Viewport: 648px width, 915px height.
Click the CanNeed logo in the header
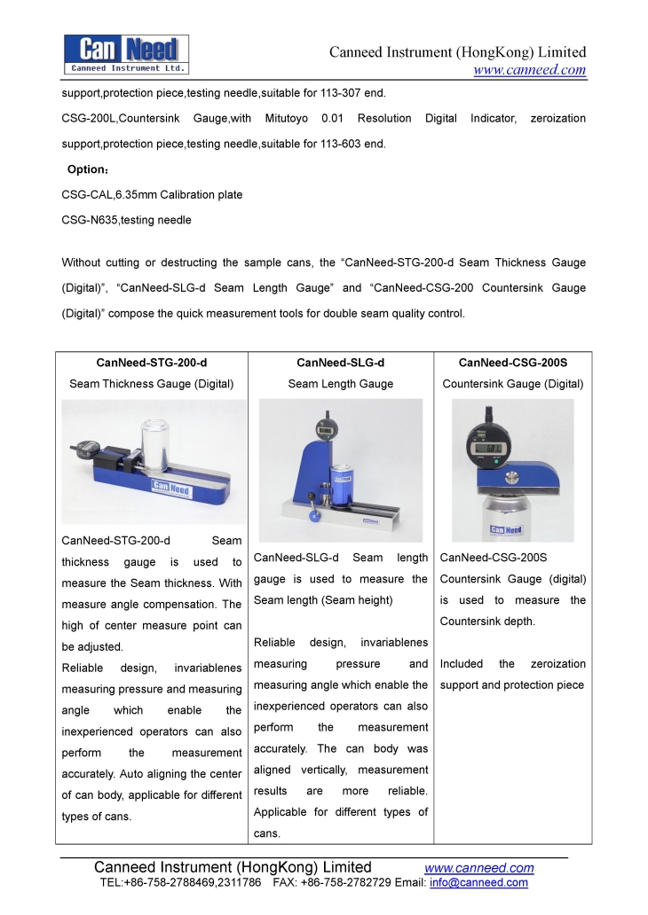point(126,53)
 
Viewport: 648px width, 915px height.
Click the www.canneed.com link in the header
point(529,70)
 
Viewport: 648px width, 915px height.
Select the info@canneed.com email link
point(478,882)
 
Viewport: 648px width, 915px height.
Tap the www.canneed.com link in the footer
point(479,867)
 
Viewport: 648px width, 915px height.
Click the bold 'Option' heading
point(87,169)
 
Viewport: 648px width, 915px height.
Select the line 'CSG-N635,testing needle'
point(126,219)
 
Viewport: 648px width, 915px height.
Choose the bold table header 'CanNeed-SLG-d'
point(340,363)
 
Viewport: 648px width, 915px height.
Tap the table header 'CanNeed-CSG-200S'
point(512,363)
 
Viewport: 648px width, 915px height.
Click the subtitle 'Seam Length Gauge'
point(340,384)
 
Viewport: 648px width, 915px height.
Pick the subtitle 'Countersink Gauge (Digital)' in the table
point(512,384)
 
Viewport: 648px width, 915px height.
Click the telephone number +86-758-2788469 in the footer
point(175,882)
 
